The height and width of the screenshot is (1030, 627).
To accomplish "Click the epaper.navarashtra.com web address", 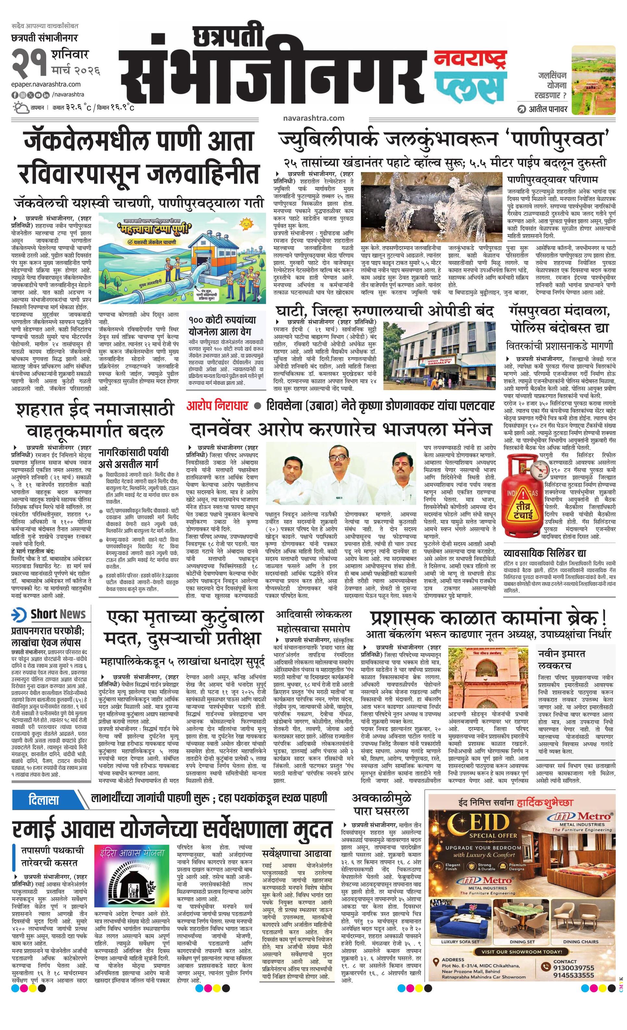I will click(46, 84).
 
